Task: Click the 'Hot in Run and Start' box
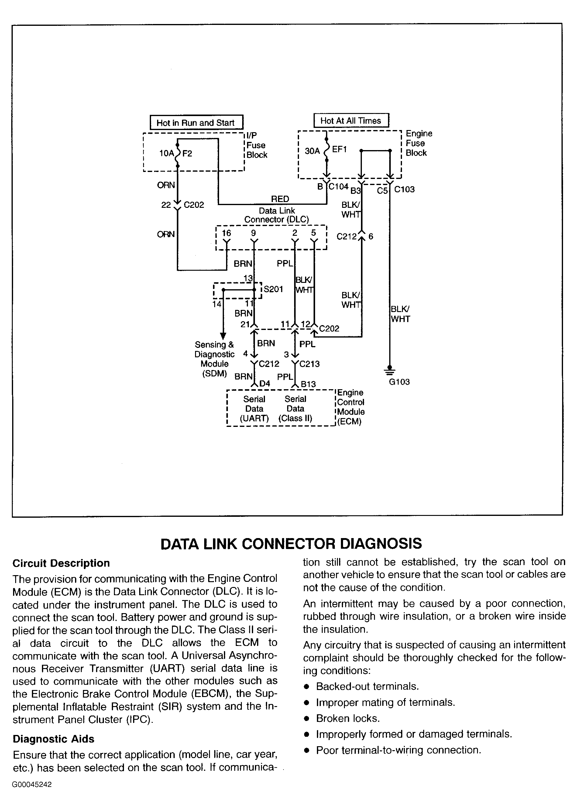(197, 122)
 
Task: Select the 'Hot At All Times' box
(351, 120)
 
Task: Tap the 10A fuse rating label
(167, 153)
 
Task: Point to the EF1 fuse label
(339, 149)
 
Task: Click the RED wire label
(280, 199)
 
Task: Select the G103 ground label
(399, 382)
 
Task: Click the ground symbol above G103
(390, 371)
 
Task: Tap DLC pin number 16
(226, 233)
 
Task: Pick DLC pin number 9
(253, 233)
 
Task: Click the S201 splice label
(273, 289)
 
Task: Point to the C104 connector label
(338, 187)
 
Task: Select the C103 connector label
(404, 189)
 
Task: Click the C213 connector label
(309, 364)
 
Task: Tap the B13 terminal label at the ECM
(308, 384)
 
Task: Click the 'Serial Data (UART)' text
(254, 409)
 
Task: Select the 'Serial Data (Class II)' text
(295, 409)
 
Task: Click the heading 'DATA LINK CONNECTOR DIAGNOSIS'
(291, 544)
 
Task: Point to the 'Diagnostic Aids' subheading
(53, 739)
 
